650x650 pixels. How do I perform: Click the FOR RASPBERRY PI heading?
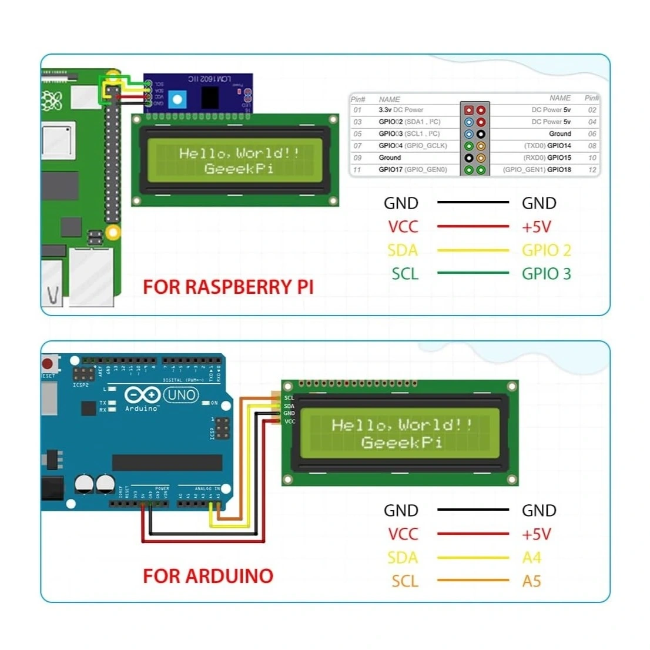[x=228, y=287]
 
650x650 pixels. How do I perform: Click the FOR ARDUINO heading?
[x=208, y=576]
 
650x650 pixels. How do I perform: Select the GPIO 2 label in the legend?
[x=546, y=250]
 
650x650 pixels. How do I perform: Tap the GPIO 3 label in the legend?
[x=546, y=274]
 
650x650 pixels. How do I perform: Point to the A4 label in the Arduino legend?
[x=531, y=558]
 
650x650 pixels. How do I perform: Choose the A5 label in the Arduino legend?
[x=531, y=581]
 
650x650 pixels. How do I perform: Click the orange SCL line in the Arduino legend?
[x=473, y=581]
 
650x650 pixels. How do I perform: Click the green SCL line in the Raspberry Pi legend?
[x=473, y=273]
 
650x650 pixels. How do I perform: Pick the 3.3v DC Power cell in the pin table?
[x=401, y=110]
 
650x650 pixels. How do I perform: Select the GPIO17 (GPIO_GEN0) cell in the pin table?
[x=413, y=170]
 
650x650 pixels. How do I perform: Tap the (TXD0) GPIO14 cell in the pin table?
[x=547, y=146]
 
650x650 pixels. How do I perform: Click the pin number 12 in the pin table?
[x=592, y=170]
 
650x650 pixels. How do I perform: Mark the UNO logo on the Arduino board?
[x=181, y=395]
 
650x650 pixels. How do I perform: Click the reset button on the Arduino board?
[x=49, y=363]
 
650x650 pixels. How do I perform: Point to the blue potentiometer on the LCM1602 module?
[x=176, y=100]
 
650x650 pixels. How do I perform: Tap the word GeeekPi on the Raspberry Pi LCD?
[x=239, y=169]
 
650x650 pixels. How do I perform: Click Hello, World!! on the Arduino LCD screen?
[x=401, y=425]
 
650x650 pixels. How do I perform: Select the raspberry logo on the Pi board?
[x=52, y=100]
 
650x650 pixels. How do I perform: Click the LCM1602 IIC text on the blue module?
[x=210, y=79]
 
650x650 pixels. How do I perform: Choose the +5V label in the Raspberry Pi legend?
[x=536, y=227]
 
